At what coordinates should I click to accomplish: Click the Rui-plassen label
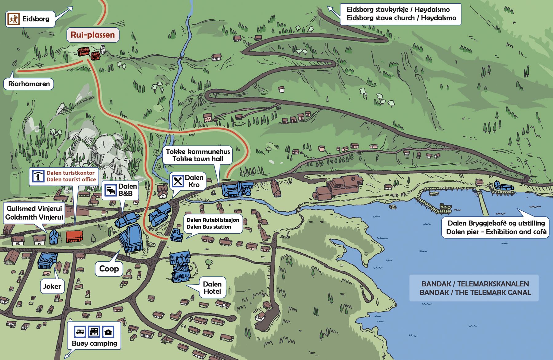(93, 35)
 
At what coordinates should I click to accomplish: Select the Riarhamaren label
(29, 84)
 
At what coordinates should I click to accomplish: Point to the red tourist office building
(74, 237)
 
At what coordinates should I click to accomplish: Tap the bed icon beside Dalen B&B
(110, 190)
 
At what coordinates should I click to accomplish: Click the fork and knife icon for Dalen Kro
(178, 181)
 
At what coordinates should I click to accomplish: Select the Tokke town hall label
(198, 155)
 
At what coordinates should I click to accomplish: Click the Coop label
(109, 269)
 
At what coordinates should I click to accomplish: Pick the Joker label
(52, 286)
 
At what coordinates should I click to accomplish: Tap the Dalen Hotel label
(212, 288)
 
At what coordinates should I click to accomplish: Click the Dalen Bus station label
(213, 224)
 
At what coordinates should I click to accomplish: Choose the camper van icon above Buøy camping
(80, 332)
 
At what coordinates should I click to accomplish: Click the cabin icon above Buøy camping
(108, 332)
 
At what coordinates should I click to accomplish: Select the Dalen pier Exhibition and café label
(496, 228)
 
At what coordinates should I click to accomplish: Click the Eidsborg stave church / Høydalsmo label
(401, 14)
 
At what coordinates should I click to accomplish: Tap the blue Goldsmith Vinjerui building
(54, 237)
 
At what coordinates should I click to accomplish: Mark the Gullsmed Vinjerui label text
(34, 209)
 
